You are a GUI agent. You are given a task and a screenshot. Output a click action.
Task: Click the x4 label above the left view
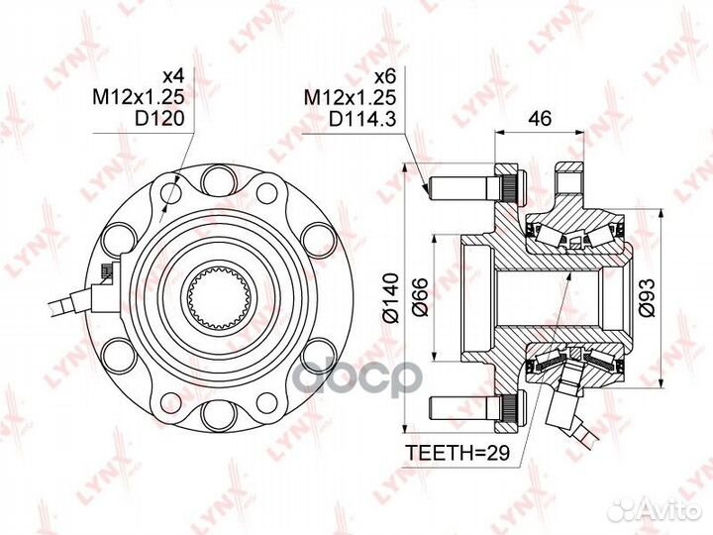(173, 75)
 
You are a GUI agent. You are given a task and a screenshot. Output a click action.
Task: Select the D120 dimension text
(159, 119)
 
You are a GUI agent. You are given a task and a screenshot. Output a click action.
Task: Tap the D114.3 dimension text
(362, 119)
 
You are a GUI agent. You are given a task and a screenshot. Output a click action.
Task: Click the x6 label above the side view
(385, 76)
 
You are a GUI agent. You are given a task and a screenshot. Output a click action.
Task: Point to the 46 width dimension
(539, 118)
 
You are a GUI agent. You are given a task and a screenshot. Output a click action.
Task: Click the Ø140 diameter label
(390, 298)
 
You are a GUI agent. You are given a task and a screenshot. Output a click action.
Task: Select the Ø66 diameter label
(421, 297)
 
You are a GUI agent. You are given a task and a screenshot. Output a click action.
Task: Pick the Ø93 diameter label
(646, 297)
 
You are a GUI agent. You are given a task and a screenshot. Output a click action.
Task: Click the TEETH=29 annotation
(458, 453)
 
